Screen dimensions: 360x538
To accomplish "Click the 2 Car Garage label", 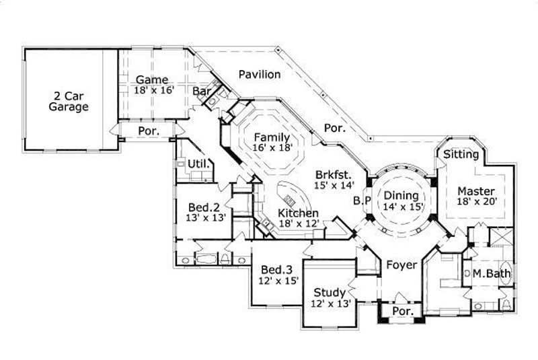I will point(68,100).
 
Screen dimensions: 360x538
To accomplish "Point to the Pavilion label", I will point(259,74).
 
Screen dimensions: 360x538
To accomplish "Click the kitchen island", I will point(291,200).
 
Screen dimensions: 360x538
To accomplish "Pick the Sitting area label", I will point(461,155).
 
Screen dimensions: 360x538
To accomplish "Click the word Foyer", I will point(401,265).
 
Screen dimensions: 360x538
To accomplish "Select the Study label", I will point(330,292).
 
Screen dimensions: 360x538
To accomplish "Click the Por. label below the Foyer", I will point(401,312).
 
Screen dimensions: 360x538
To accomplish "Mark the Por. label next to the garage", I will point(148,131).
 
